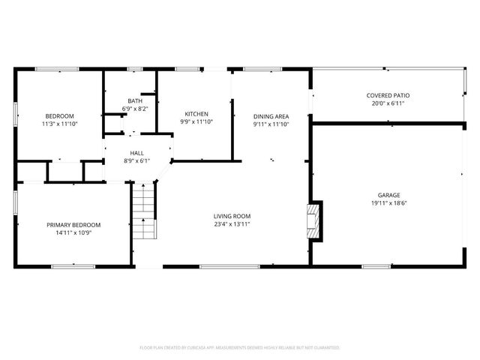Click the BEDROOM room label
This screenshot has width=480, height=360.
click(60, 115)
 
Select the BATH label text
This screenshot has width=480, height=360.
click(135, 101)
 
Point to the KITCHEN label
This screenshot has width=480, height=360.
click(193, 114)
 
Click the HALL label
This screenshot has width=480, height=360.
click(137, 152)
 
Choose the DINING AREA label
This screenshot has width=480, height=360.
click(271, 116)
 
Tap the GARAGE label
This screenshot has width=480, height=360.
click(388, 195)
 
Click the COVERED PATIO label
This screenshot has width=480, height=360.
click(388, 95)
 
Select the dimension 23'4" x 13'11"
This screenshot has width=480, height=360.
click(231, 223)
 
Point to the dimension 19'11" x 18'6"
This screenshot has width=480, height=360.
click(388, 202)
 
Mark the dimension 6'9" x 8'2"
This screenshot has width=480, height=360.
click(135, 109)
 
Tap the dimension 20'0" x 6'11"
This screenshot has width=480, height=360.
click(388, 103)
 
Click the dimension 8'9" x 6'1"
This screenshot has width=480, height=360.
click(137, 160)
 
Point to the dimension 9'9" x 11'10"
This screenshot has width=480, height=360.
click(193, 121)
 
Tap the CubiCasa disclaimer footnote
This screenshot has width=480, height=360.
click(240, 348)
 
